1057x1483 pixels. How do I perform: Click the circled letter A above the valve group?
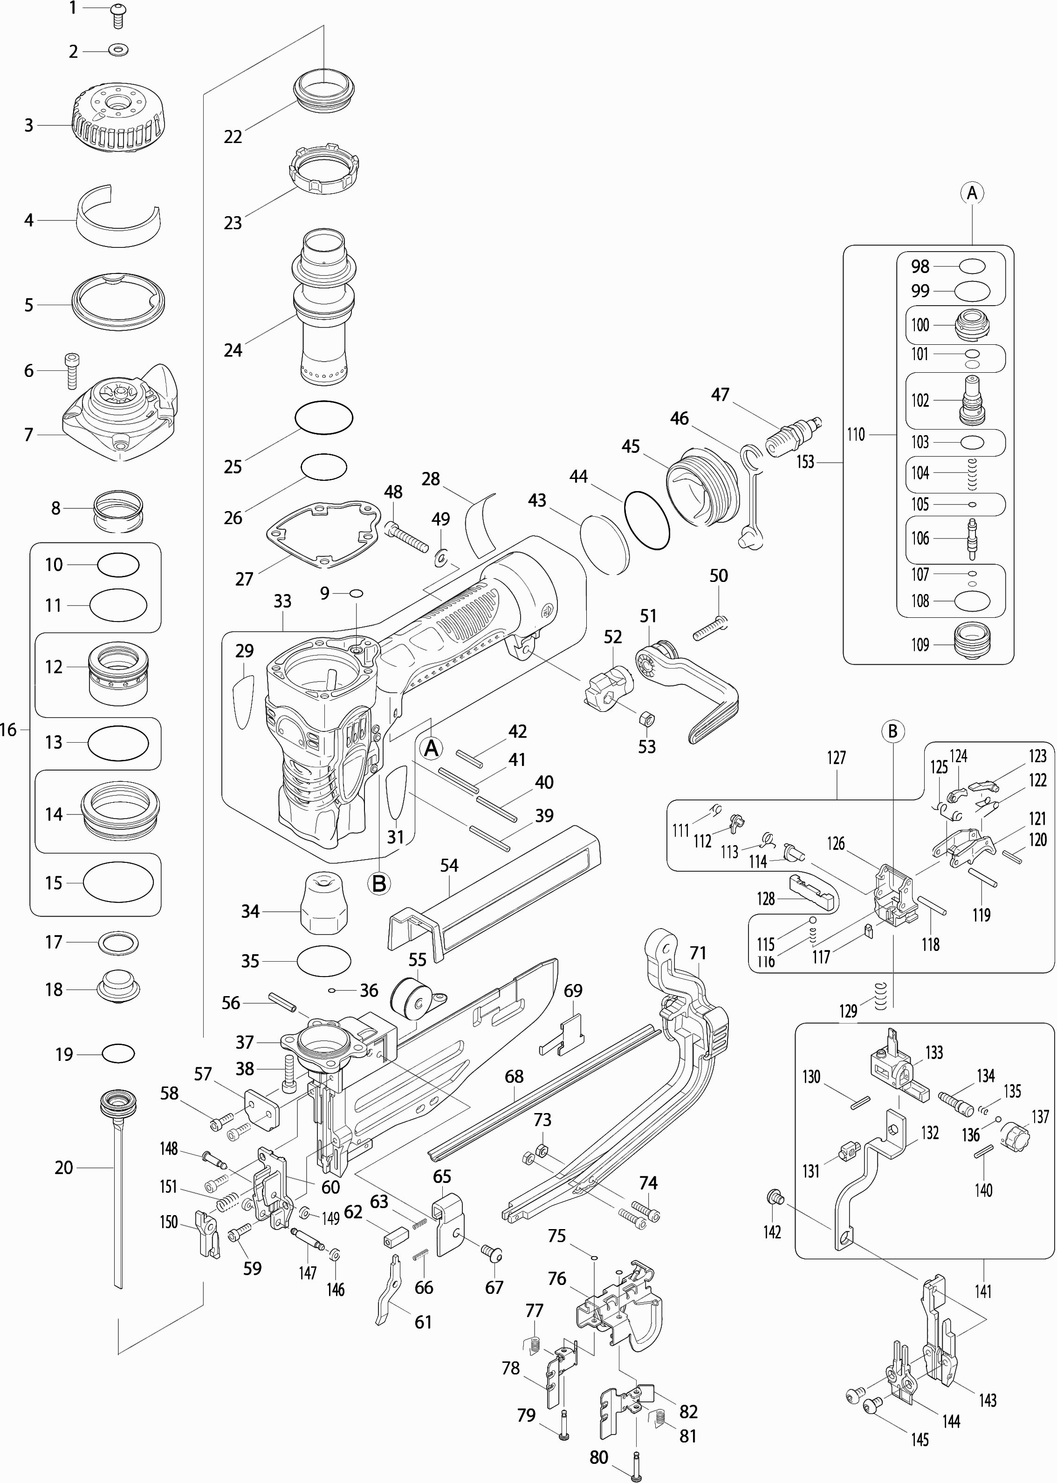[x=972, y=193]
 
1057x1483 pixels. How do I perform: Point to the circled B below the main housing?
[x=379, y=883]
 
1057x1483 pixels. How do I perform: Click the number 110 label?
[x=856, y=434]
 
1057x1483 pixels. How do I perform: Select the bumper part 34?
[x=323, y=903]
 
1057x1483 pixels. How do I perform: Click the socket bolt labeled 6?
[x=71, y=370]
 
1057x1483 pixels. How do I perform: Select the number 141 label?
[x=983, y=1291]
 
